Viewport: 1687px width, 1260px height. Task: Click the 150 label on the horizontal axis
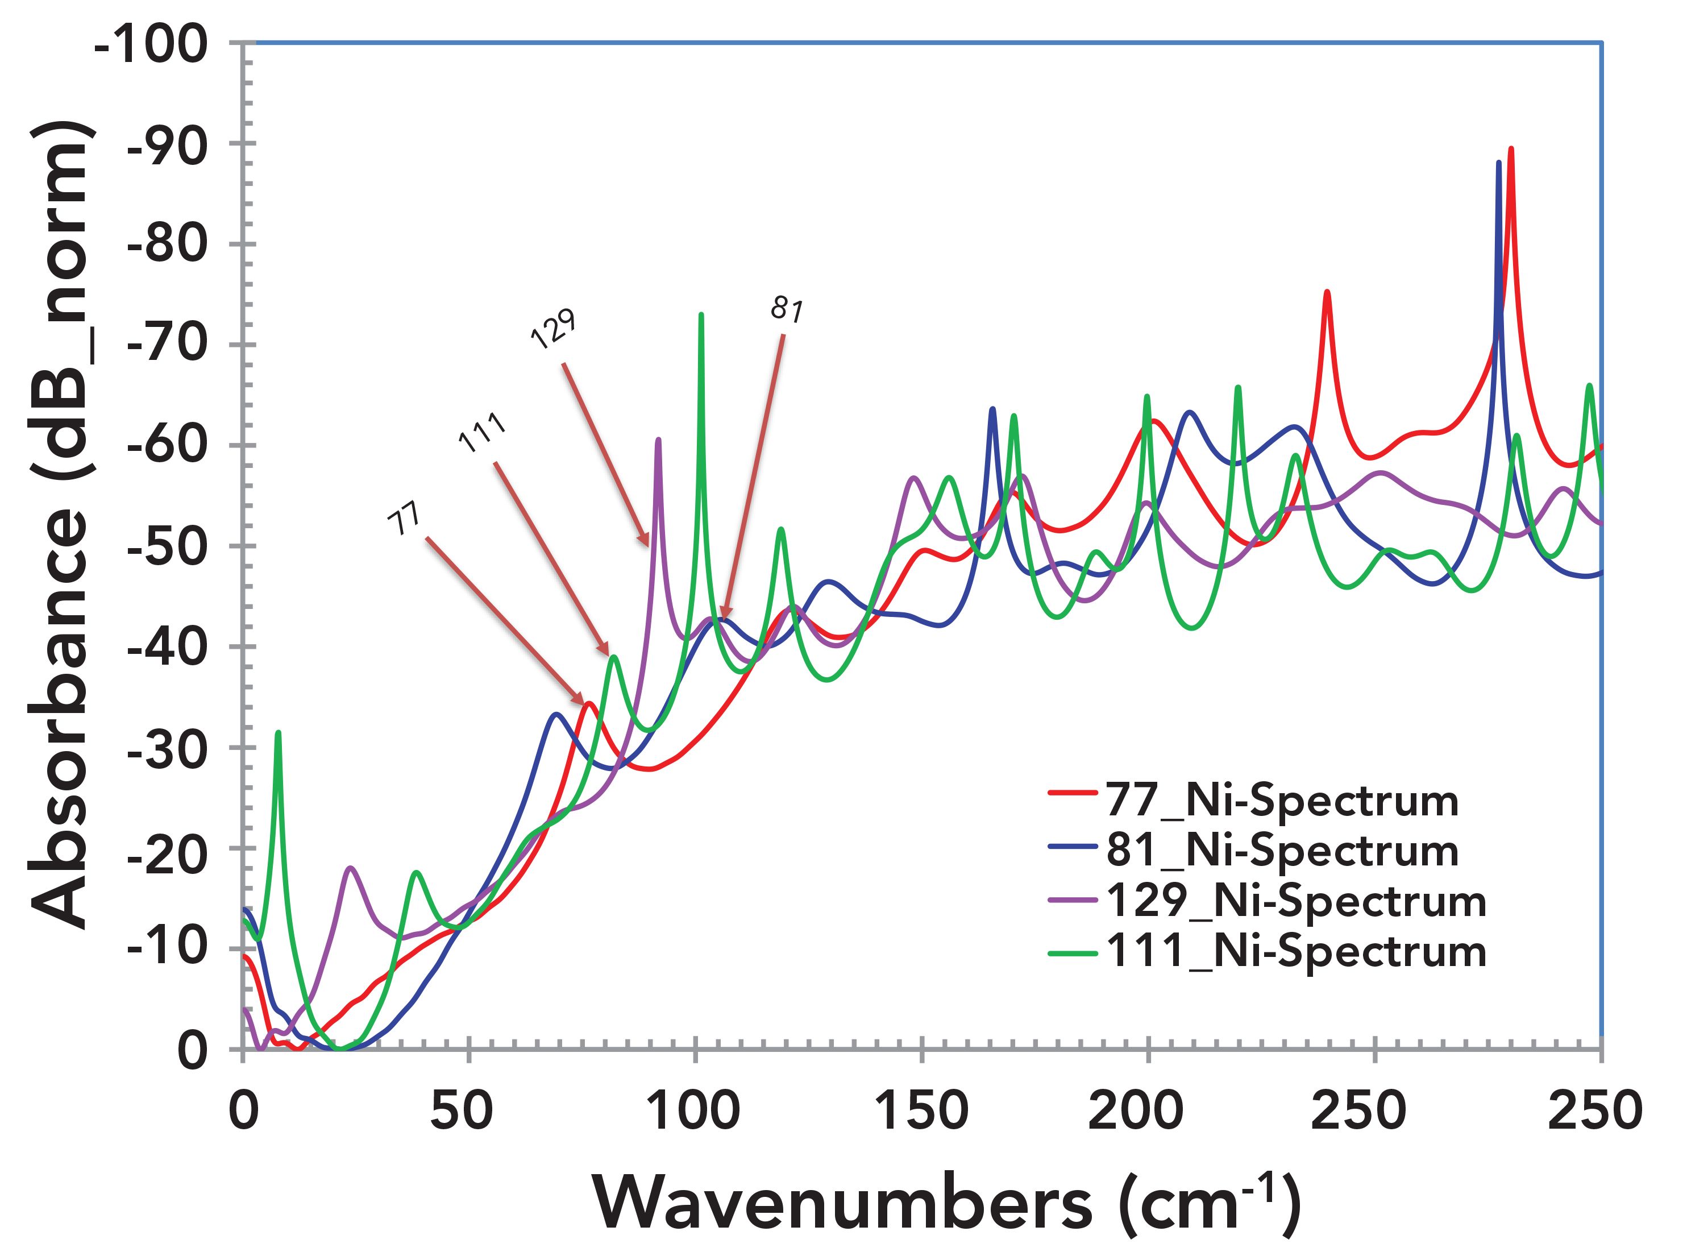(921, 1110)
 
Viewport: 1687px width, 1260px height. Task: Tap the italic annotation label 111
(482, 433)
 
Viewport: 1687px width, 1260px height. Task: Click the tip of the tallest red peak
(1510, 149)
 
